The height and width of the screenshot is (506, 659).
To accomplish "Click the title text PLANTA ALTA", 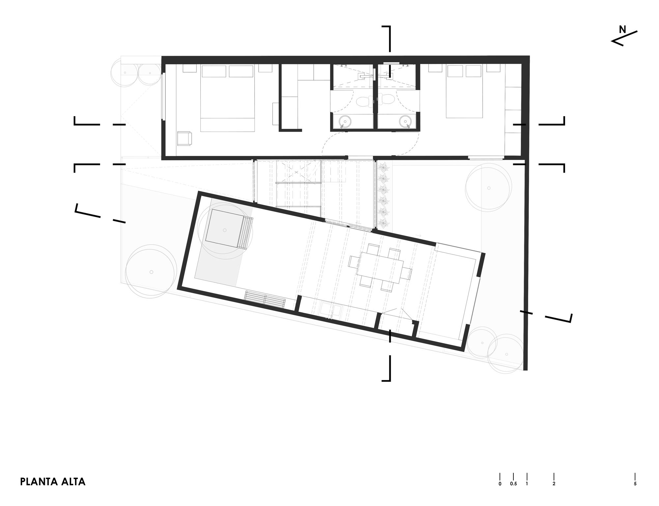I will coord(53,482).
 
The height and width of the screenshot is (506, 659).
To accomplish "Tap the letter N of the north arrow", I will coord(622,30).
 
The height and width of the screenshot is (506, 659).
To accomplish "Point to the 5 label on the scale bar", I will coord(635,484).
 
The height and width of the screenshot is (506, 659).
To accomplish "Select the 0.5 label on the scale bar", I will coord(513,484).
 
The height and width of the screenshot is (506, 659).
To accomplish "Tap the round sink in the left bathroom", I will coord(344,121).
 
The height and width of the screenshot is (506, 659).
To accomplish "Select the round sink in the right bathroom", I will coord(405,121).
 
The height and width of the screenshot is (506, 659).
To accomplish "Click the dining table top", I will coord(380,268).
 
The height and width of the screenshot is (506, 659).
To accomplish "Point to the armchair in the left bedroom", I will coord(184,138).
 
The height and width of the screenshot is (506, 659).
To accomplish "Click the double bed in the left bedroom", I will coord(228,99).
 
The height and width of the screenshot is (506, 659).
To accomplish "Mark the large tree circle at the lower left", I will coord(151,272).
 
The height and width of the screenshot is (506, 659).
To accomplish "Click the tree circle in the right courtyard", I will coord(489,188).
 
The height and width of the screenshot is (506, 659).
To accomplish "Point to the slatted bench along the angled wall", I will coord(265,300).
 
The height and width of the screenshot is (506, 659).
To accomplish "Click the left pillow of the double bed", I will coord(214,71).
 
